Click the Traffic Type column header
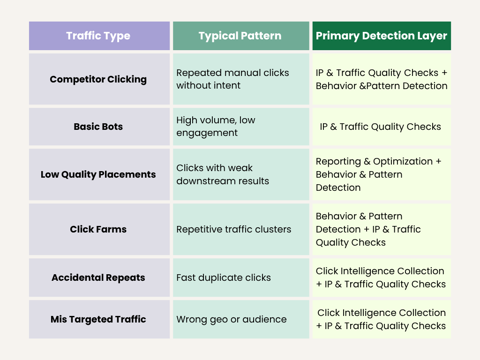click(x=98, y=36)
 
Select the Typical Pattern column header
click(x=240, y=36)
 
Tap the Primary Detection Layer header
click(x=382, y=36)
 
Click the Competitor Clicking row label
click(x=98, y=79)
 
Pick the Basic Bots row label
click(x=98, y=127)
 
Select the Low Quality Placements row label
click(x=98, y=174)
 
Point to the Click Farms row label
click(x=98, y=229)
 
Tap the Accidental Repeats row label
click(x=98, y=277)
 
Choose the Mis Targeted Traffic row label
click(x=98, y=319)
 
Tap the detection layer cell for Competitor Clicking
click(x=382, y=79)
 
